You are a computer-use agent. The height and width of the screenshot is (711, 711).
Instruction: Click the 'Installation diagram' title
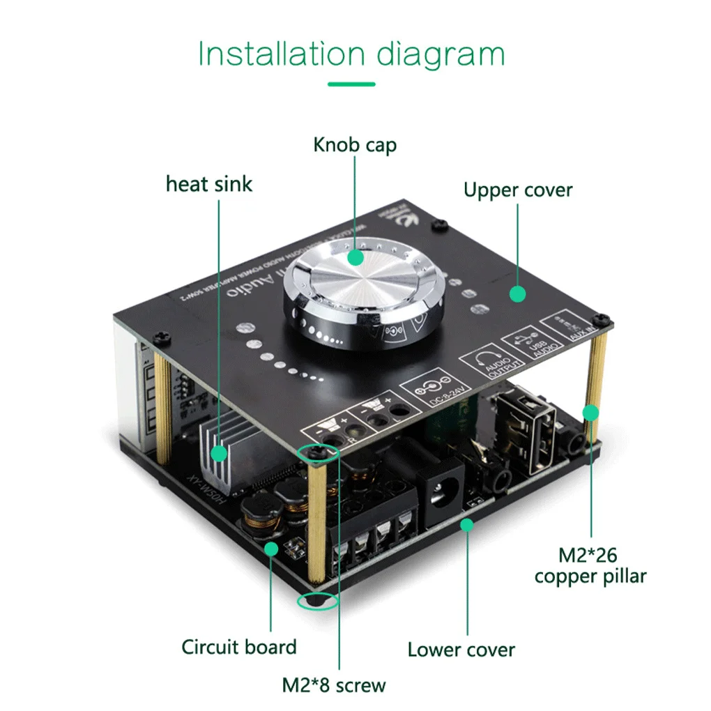tap(351, 54)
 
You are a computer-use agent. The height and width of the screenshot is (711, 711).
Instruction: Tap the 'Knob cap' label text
tap(355, 145)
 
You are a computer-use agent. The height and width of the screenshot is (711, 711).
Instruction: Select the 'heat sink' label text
tap(209, 184)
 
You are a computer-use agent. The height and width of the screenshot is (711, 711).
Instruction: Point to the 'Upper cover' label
tap(518, 190)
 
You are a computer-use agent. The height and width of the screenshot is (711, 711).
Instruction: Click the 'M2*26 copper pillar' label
tap(590, 566)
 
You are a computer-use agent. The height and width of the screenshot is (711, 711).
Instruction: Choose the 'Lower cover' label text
tap(461, 650)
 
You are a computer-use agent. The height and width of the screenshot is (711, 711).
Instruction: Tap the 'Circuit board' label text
tap(239, 647)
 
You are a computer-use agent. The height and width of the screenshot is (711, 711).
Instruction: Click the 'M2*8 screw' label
tap(333, 685)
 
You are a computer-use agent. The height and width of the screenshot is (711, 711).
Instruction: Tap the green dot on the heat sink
tap(220, 454)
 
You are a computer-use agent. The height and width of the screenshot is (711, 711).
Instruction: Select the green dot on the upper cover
tap(517, 294)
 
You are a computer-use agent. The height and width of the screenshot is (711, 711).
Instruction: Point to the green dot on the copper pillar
tap(591, 413)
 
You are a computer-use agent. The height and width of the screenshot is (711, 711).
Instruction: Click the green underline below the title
tap(351, 84)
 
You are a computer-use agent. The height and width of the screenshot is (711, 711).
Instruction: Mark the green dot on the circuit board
tap(271, 549)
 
